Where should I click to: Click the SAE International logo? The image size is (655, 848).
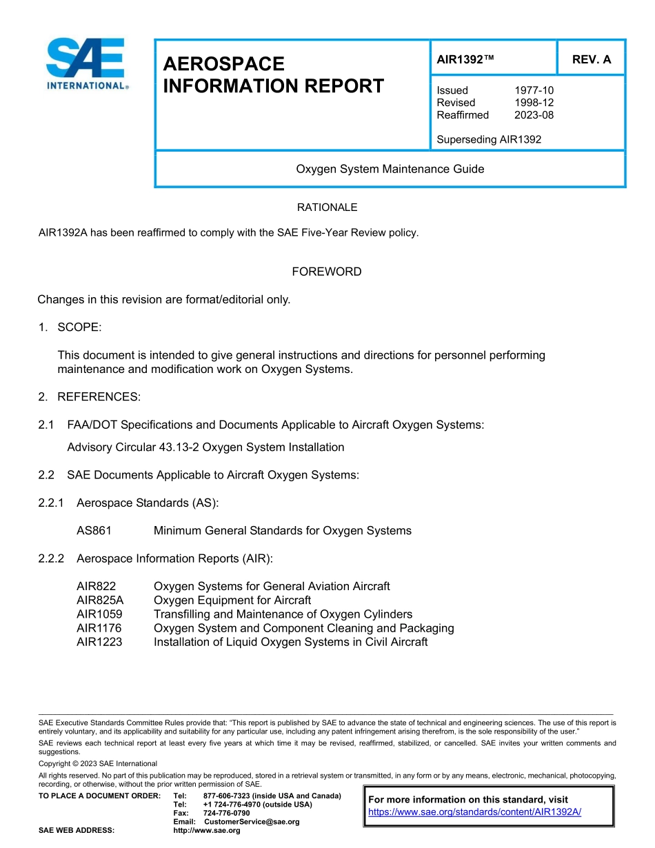pos(86,64)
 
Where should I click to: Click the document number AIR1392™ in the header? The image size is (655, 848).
pos(466,60)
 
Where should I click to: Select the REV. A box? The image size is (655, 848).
pos(591,60)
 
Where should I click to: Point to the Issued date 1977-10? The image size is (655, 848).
pos(534,90)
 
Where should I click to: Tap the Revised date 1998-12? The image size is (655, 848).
pos(534,103)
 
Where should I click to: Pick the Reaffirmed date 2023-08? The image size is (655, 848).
pos(534,115)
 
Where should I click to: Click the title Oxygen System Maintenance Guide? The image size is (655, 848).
pos(390,169)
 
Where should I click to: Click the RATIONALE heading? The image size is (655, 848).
pos(327,208)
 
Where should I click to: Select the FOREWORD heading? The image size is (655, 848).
pos(327,272)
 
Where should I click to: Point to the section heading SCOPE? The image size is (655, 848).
pos(79,327)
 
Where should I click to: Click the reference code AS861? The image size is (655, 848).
pos(94,531)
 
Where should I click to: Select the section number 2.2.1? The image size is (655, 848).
pos(51,503)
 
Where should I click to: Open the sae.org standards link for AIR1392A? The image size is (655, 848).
pos(474,812)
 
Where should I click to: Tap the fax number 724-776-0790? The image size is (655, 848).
pos(226,814)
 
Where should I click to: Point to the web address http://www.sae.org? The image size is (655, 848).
pos(206,831)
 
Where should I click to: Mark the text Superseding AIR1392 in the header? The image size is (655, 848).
pos(489,139)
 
